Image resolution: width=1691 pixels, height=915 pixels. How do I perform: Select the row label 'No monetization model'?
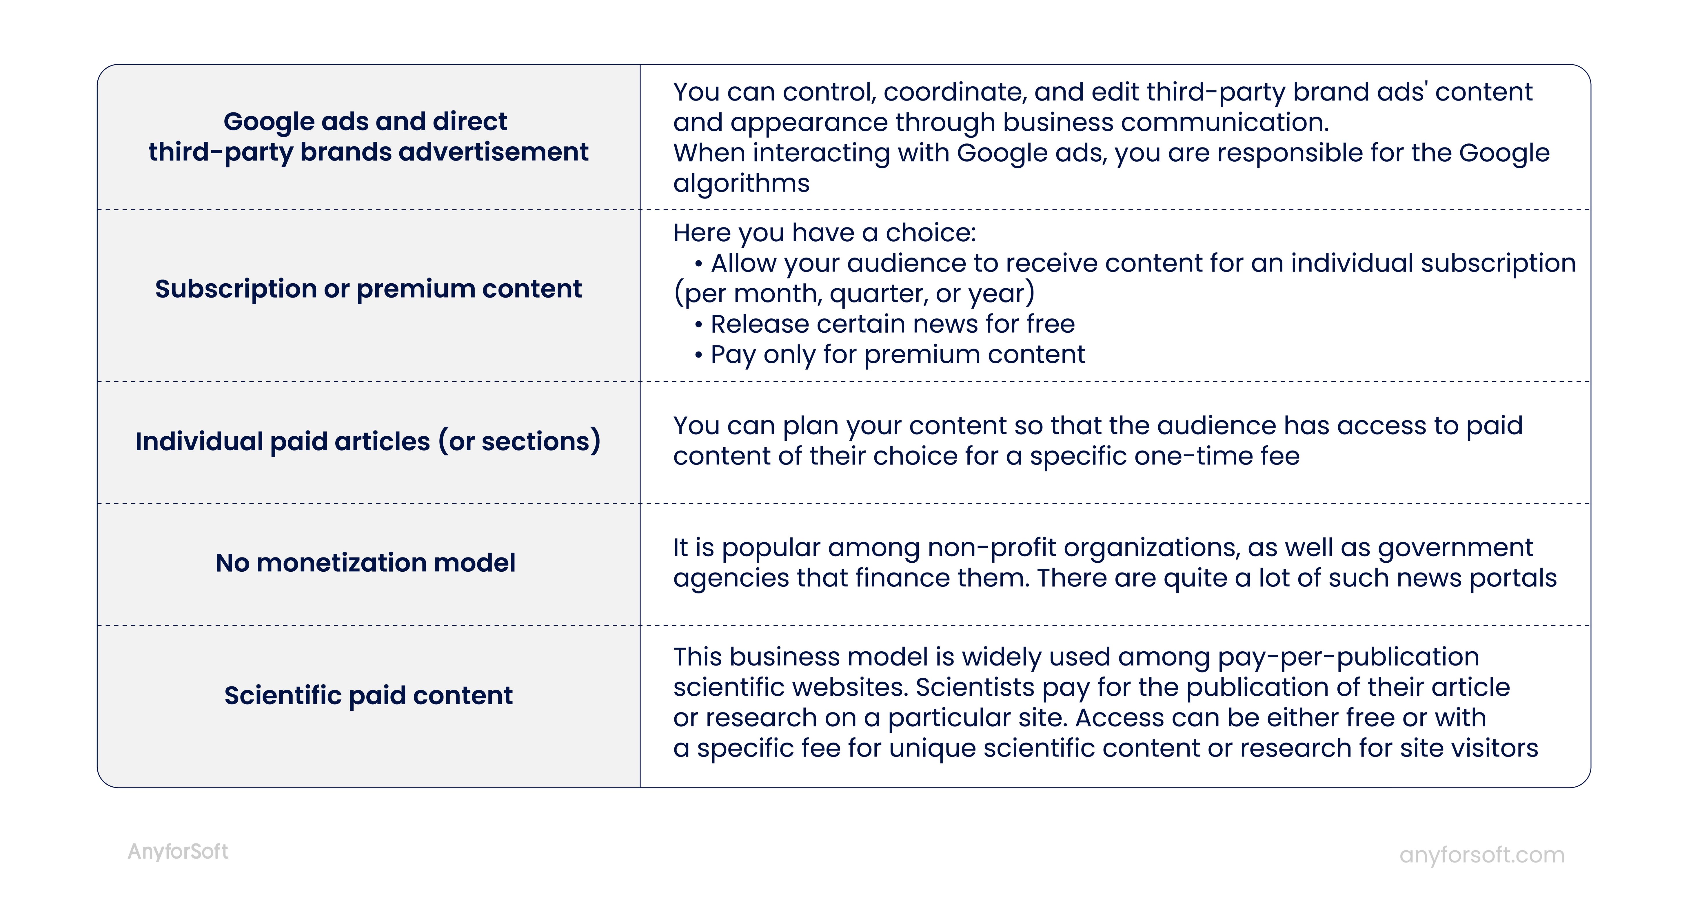366,562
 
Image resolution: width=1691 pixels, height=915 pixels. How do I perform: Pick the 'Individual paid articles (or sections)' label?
368,441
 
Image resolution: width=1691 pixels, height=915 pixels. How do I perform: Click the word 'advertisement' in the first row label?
494,152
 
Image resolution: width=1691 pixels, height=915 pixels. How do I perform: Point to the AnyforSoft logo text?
178,852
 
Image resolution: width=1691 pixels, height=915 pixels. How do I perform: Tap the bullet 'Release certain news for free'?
885,324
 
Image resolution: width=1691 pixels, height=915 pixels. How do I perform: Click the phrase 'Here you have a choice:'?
824,233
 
